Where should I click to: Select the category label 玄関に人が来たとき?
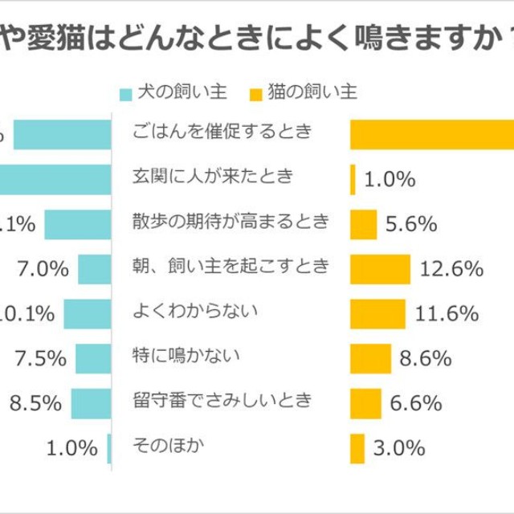tap(214, 177)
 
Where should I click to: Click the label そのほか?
tap(163, 444)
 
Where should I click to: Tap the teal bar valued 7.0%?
tap(93, 269)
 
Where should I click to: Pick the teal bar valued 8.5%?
tap(90, 403)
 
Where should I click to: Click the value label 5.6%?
tap(410, 225)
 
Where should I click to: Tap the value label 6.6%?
tap(415, 403)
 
